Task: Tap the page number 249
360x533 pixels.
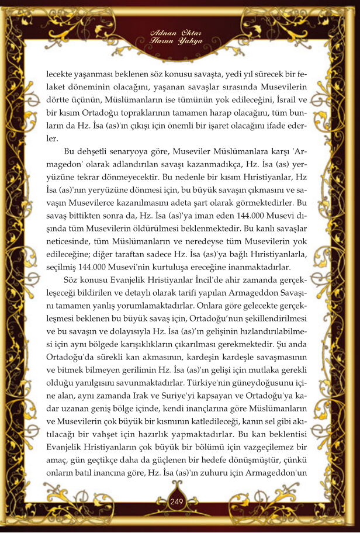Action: tap(177, 501)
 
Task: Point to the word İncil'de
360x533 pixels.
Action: tap(185, 295)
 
